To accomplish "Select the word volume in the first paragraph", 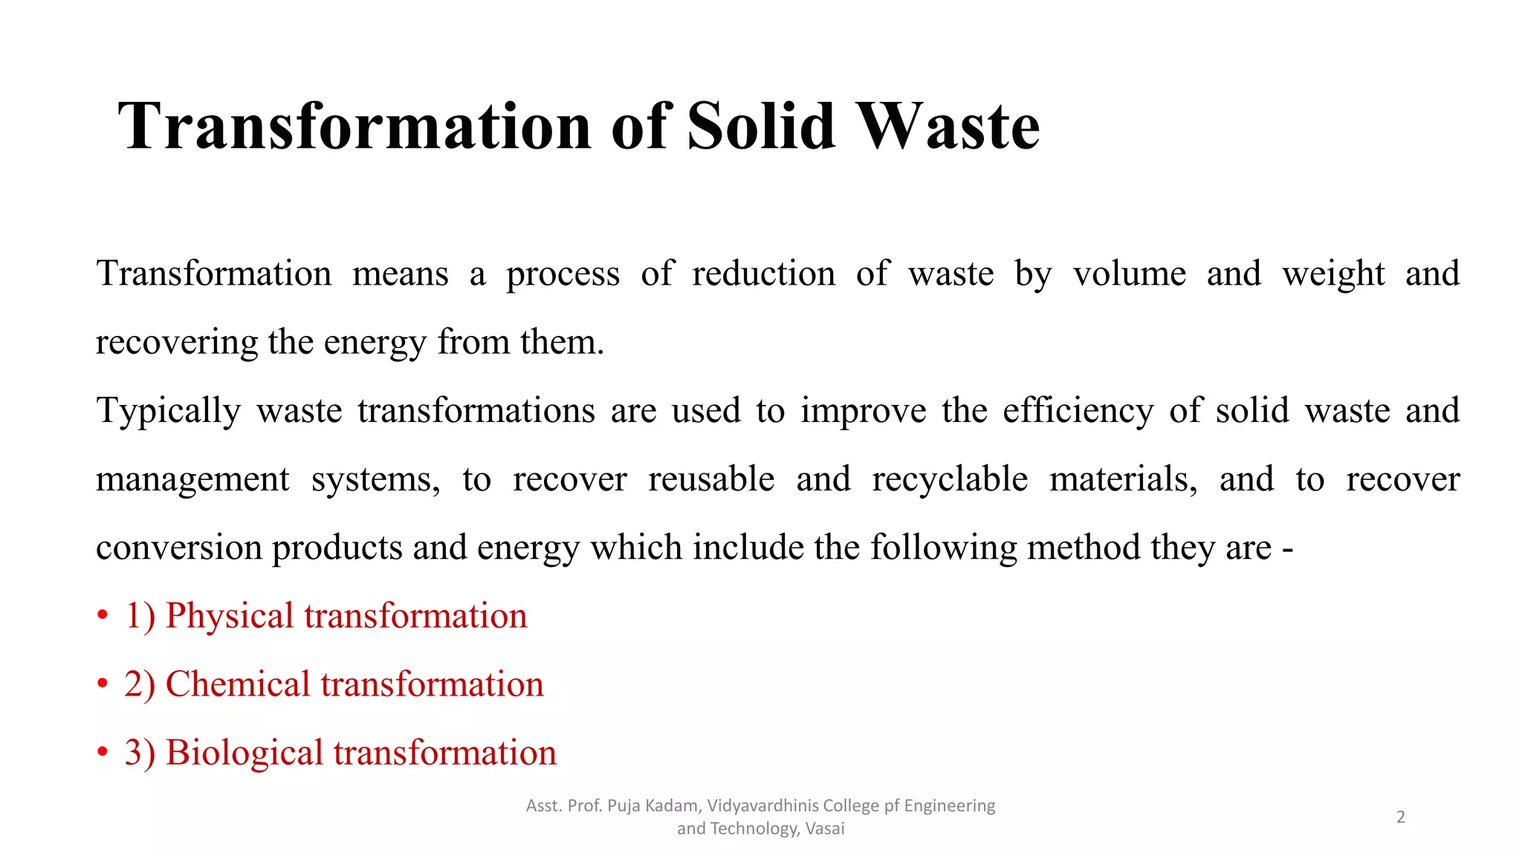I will [1130, 273].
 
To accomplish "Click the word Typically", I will [169, 411].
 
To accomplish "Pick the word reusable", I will [711, 479].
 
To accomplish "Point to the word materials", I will [1123, 479].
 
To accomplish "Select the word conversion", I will [178, 548].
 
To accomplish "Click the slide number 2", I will [1400, 817].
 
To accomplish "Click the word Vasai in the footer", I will [824, 829].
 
